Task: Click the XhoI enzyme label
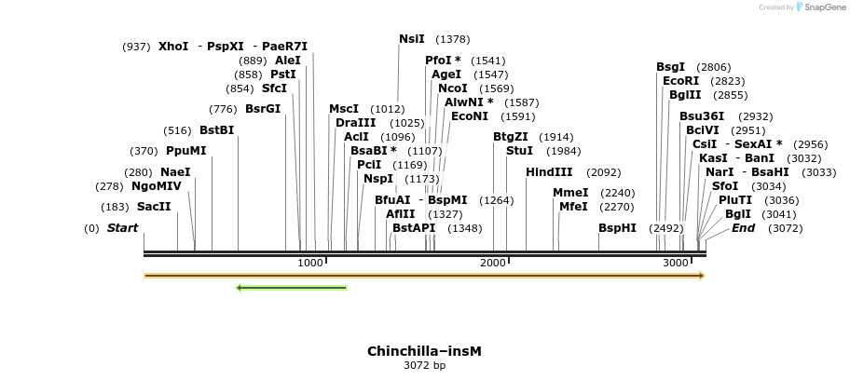[x=173, y=47]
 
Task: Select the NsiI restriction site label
[x=411, y=39]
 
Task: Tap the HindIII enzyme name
[x=549, y=172]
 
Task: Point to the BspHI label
[x=617, y=228]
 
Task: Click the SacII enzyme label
[x=154, y=207]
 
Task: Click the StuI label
[x=519, y=151]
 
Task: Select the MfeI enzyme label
[x=573, y=207]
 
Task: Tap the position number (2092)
[x=603, y=172]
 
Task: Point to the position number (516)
[x=177, y=130]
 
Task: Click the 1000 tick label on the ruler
[x=310, y=264]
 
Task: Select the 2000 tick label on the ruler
[x=493, y=264]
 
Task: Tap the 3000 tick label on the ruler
[x=676, y=264]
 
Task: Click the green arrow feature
[x=292, y=288]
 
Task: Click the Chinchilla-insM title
[x=424, y=351]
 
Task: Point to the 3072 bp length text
[x=424, y=365]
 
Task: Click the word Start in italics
[x=122, y=228]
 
